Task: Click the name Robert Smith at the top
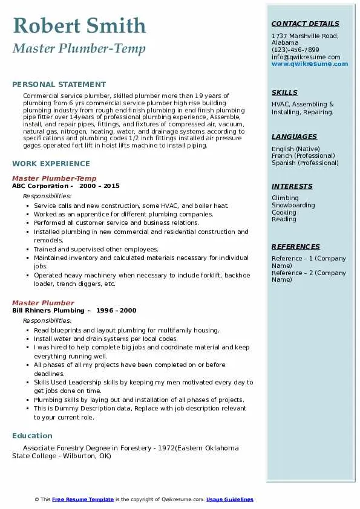(79, 26)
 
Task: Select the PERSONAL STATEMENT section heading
(59, 85)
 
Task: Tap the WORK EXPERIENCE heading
(51, 164)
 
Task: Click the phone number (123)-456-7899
(295, 50)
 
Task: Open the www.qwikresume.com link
(310, 64)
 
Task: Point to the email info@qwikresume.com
(306, 57)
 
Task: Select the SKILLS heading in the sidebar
(284, 93)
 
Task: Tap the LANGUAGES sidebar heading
(294, 137)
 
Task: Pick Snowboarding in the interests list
(293, 206)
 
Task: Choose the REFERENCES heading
(296, 247)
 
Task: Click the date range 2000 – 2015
(99, 186)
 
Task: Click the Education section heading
(32, 436)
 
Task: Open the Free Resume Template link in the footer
(83, 500)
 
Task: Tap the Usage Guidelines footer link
(230, 500)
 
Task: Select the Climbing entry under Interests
(285, 198)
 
